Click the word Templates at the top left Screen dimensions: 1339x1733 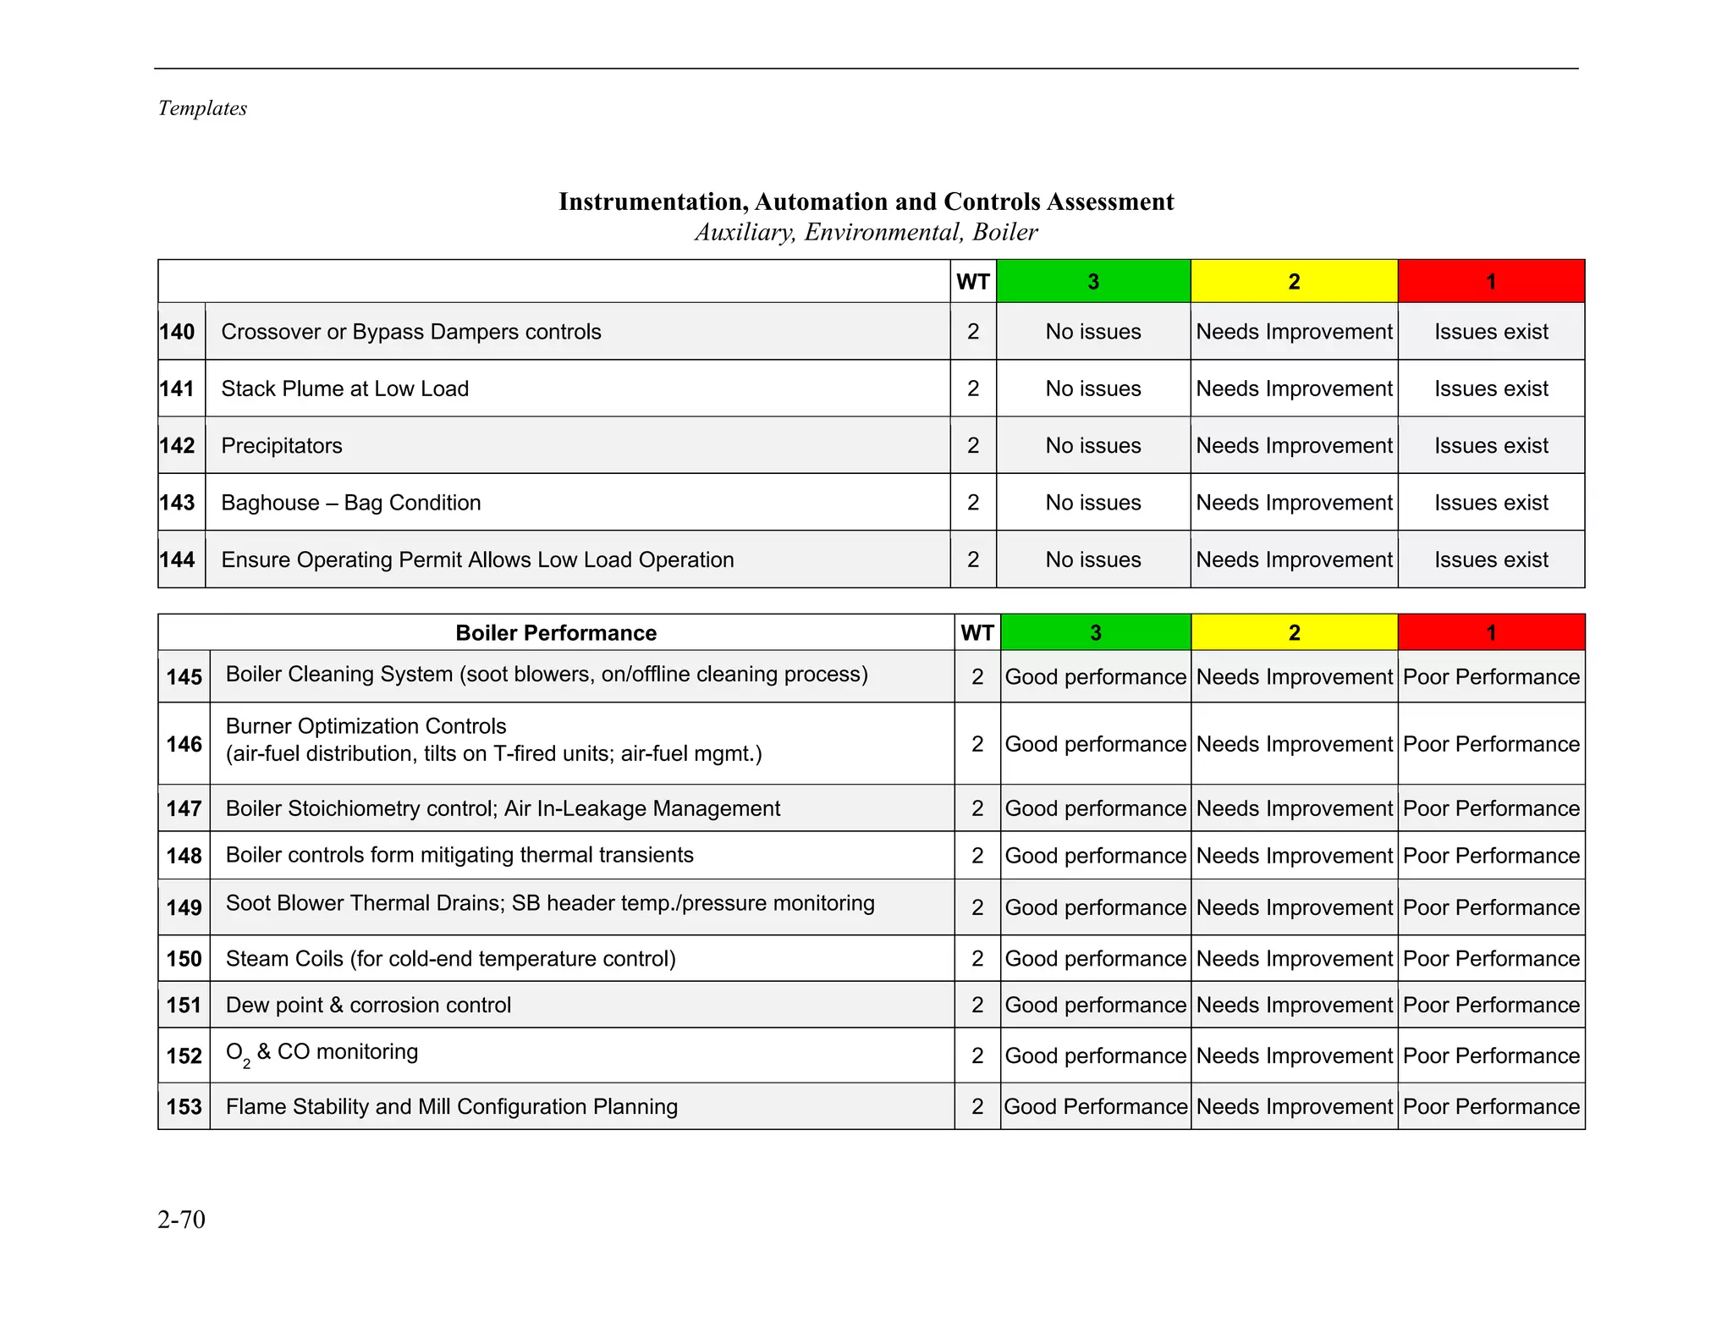point(202,108)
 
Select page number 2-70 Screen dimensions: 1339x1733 point(181,1219)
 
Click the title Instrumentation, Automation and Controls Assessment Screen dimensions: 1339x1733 point(866,201)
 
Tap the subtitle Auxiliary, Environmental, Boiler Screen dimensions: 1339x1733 point(866,232)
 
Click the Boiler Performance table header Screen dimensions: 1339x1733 point(556,633)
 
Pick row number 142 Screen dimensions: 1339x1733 point(178,445)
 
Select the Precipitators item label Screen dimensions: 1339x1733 point(282,445)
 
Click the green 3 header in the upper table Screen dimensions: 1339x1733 point(1093,282)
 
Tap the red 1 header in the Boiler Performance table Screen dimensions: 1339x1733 point(1491,632)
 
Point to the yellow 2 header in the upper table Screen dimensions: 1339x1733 point(1294,282)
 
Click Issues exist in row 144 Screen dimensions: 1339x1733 point(1491,559)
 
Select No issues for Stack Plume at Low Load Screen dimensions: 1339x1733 point(1093,388)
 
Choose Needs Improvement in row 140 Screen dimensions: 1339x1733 point(1294,332)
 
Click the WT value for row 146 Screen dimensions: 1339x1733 point(977,744)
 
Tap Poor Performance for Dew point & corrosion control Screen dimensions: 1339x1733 point(1491,1005)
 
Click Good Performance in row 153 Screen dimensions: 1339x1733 point(1096,1106)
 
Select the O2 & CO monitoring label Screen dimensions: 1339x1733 point(322,1053)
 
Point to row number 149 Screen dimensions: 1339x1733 point(184,907)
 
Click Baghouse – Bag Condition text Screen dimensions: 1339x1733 point(351,503)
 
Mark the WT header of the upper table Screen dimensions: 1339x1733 point(973,282)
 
